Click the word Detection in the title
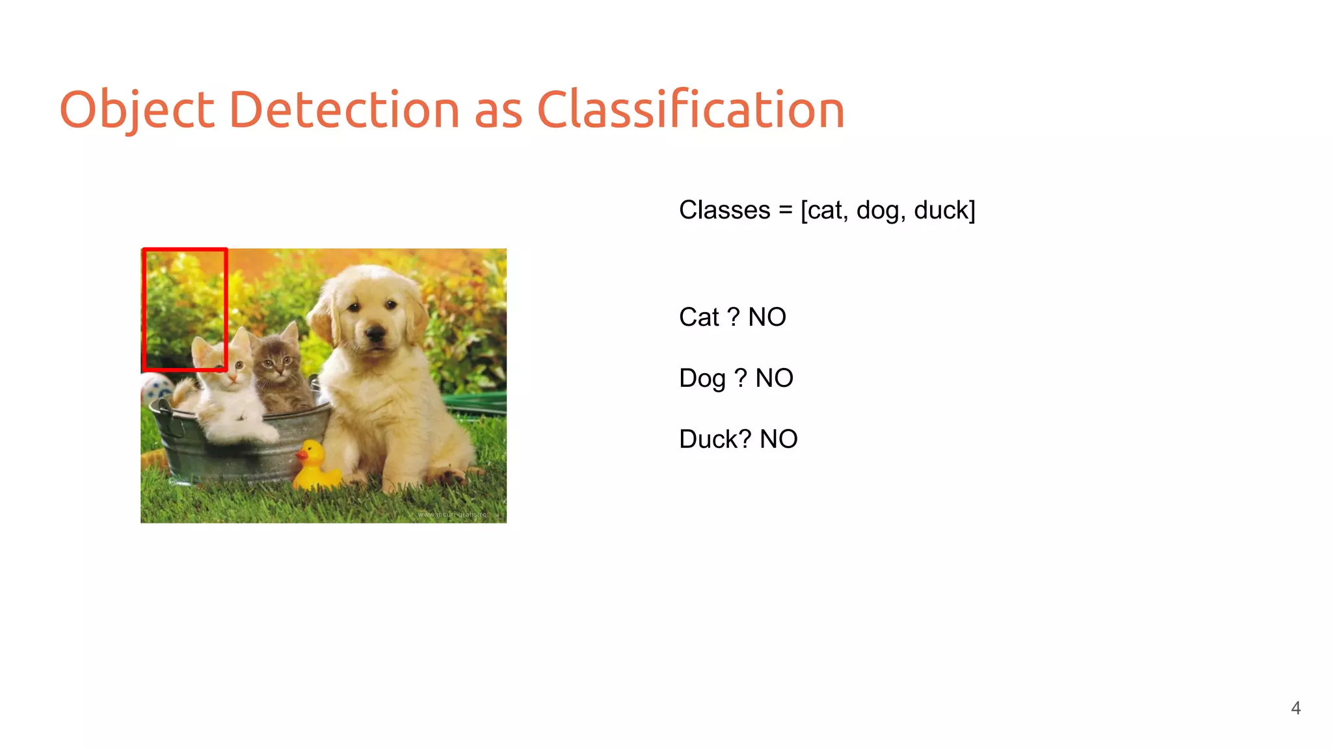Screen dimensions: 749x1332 (345, 109)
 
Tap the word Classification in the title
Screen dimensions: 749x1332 (690, 109)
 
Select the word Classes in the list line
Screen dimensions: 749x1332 (725, 211)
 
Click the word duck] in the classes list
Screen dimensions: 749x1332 (944, 211)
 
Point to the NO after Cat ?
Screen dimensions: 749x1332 (767, 317)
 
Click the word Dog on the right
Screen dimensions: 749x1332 (702, 378)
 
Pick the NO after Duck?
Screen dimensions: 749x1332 (779, 440)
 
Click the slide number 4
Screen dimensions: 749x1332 (1296, 708)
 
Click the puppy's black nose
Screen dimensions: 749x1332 (375, 335)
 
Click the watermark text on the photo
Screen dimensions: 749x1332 (453, 514)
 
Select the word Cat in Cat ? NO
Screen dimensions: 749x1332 (699, 317)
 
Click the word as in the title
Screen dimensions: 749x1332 (498, 109)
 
